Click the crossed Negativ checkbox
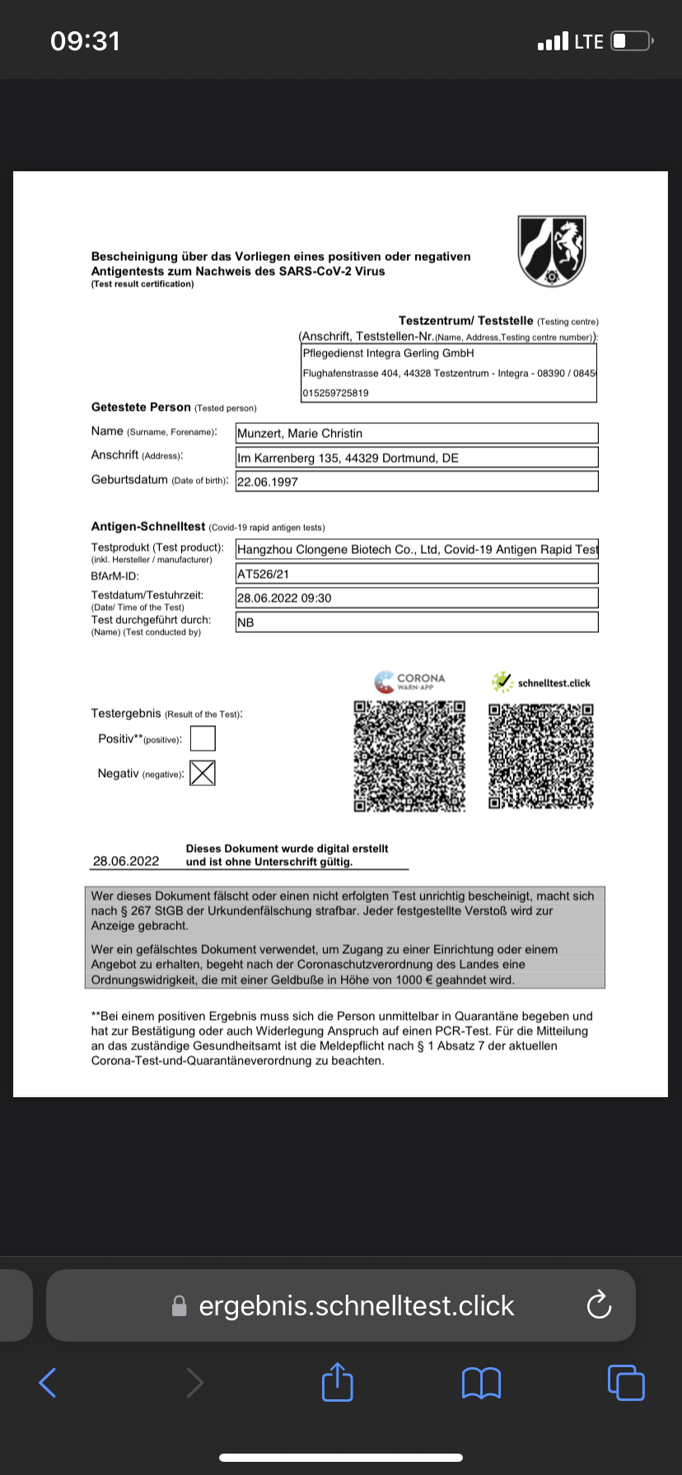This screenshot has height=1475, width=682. tap(203, 773)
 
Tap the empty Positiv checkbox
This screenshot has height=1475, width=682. tap(203, 738)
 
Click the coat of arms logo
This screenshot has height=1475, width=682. tap(551, 251)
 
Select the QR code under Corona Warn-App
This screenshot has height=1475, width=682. tap(409, 756)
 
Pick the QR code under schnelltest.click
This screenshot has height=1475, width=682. tap(541, 756)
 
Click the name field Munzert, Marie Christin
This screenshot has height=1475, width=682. tap(300, 433)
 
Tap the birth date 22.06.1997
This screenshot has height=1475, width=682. tap(268, 482)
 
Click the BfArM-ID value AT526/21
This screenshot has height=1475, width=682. tap(264, 574)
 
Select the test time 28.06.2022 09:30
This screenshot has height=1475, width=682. tap(284, 598)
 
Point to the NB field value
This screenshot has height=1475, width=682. tap(245, 622)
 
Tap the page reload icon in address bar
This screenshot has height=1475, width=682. tap(599, 1305)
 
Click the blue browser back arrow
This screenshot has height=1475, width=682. tap(48, 1382)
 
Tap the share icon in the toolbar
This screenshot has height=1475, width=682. tap(338, 1382)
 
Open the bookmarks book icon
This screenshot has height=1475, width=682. tap(482, 1382)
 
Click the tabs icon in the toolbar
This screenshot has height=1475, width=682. tap(626, 1382)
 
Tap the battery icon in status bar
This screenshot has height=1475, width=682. tap(632, 40)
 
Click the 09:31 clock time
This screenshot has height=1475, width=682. tap(85, 40)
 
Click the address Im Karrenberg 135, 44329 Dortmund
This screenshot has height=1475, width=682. tap(348, 458)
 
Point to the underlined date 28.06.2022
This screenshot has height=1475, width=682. tap(126, 861)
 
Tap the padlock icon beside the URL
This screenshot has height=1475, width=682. tap(179, 1306)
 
